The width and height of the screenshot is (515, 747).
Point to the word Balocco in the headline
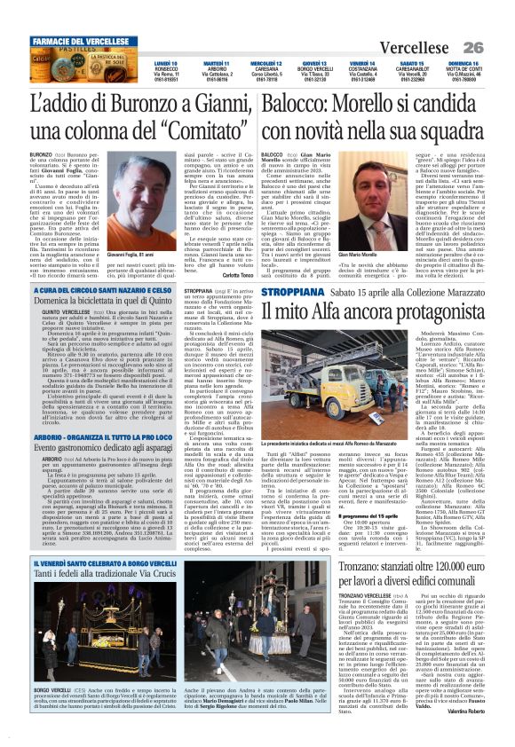click(303, 104)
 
